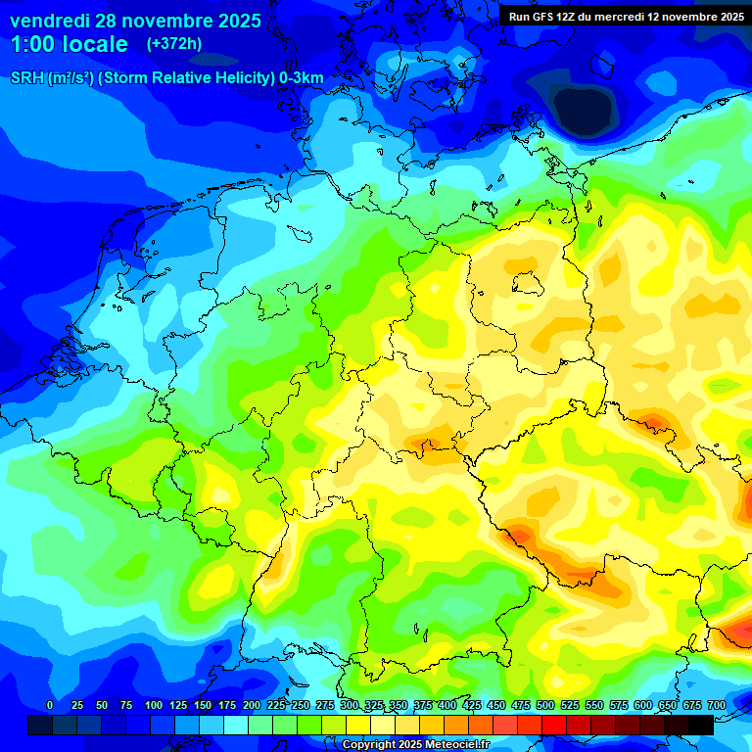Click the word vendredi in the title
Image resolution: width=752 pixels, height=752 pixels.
point(49,21)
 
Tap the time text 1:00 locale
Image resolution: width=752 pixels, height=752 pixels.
point(70,44)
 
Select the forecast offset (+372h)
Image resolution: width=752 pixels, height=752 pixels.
point(173,44)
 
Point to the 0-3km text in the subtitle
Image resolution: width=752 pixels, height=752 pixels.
point(301,77)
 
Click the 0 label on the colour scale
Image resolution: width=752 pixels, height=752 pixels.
point(50,705)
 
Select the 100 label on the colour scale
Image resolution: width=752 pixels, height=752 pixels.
point(154,705)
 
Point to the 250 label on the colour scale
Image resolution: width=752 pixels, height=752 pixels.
point(301,705)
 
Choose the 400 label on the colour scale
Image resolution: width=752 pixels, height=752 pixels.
point(447,705)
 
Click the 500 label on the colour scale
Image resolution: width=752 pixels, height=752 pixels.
point(545,705)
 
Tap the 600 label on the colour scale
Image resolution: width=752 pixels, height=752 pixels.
point(643,705)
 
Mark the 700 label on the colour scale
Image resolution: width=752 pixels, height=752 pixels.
point(716,705)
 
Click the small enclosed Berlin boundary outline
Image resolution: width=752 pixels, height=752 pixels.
point(528,283)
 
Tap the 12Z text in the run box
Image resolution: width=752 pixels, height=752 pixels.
point(574,17)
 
